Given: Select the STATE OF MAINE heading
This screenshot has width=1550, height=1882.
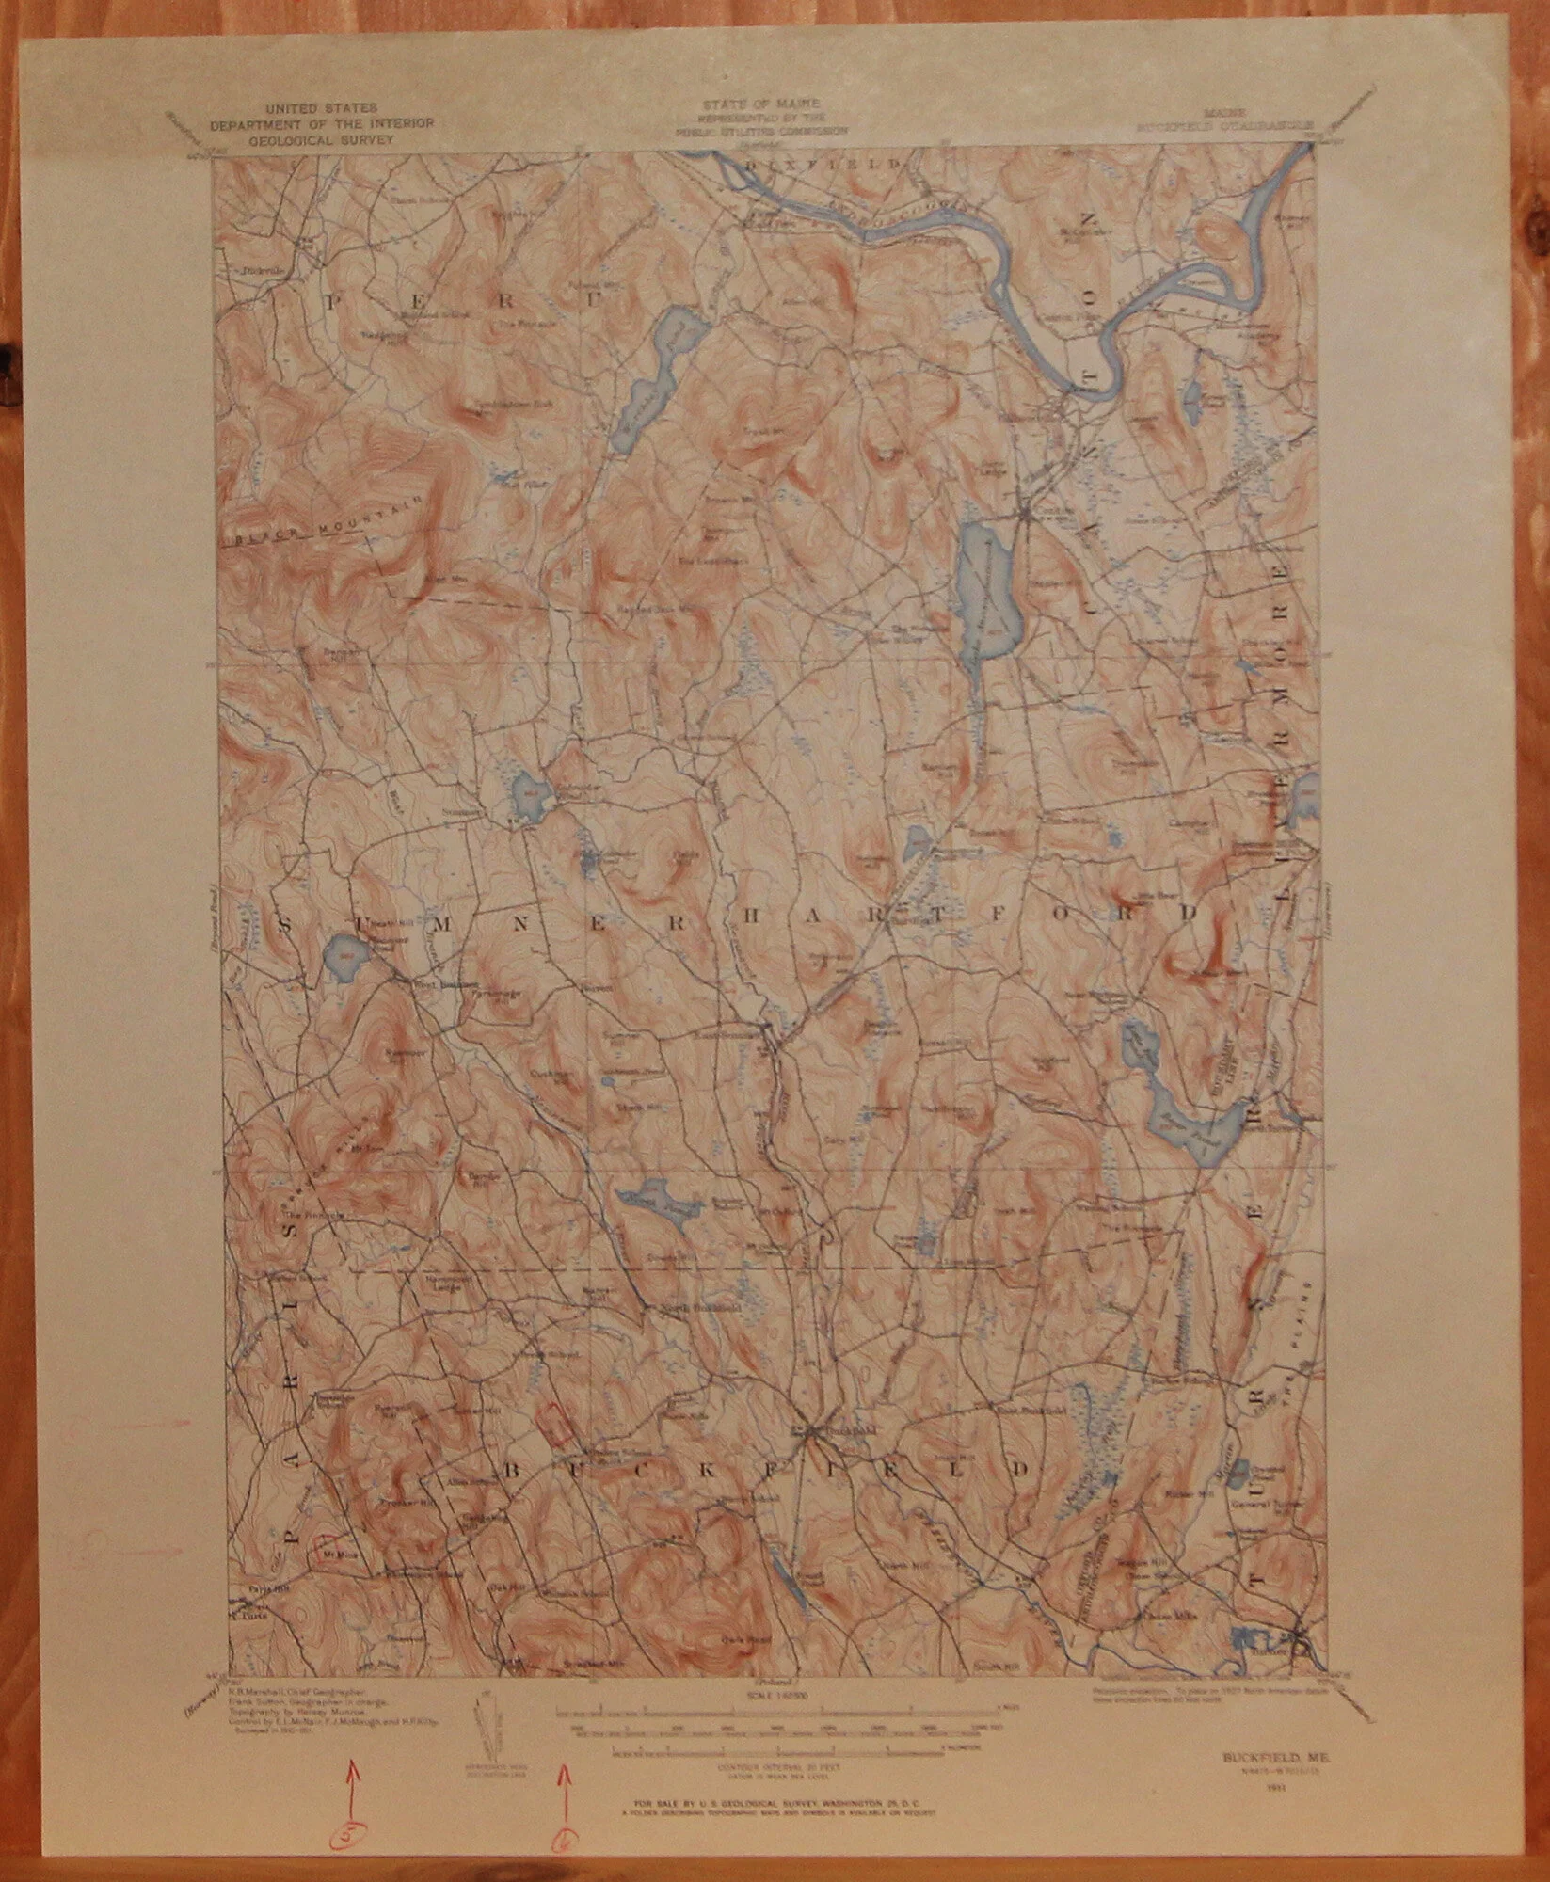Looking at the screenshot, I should click(x=760, y=101).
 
